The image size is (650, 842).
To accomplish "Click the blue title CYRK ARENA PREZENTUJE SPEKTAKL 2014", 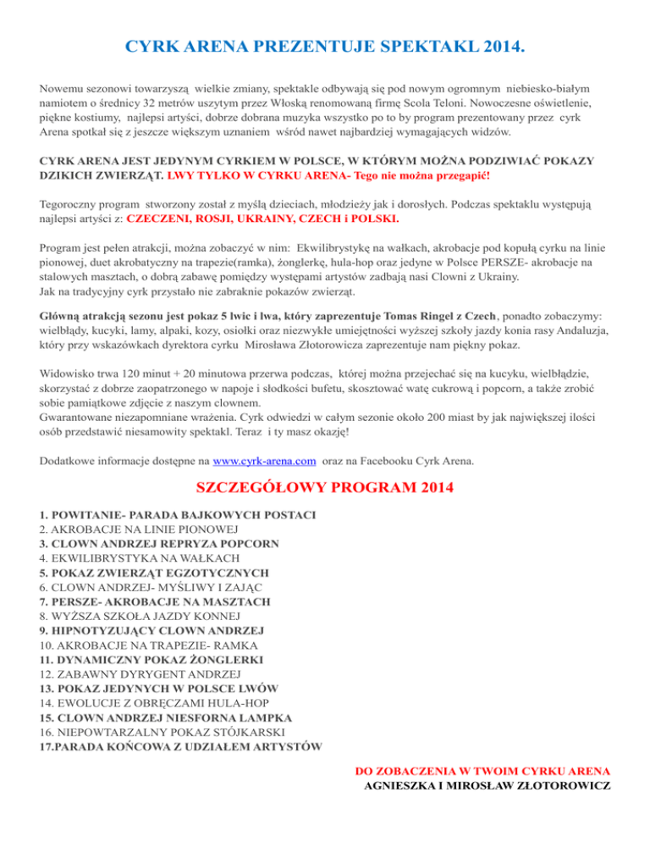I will click(325, 44).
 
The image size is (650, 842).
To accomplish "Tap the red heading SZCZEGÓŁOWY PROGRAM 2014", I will click(325, 488).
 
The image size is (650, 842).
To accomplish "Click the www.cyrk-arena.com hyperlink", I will click(265, 462).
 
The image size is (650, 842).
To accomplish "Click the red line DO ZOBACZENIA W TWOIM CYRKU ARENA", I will click(482, 772).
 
